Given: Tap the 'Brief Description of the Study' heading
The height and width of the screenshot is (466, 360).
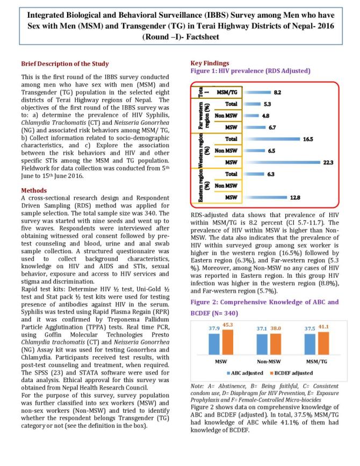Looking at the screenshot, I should (64, 63).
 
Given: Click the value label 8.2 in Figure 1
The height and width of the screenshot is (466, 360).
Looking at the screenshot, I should (277, 92).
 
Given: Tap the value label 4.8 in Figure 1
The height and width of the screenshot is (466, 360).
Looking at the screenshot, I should (265, 115).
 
